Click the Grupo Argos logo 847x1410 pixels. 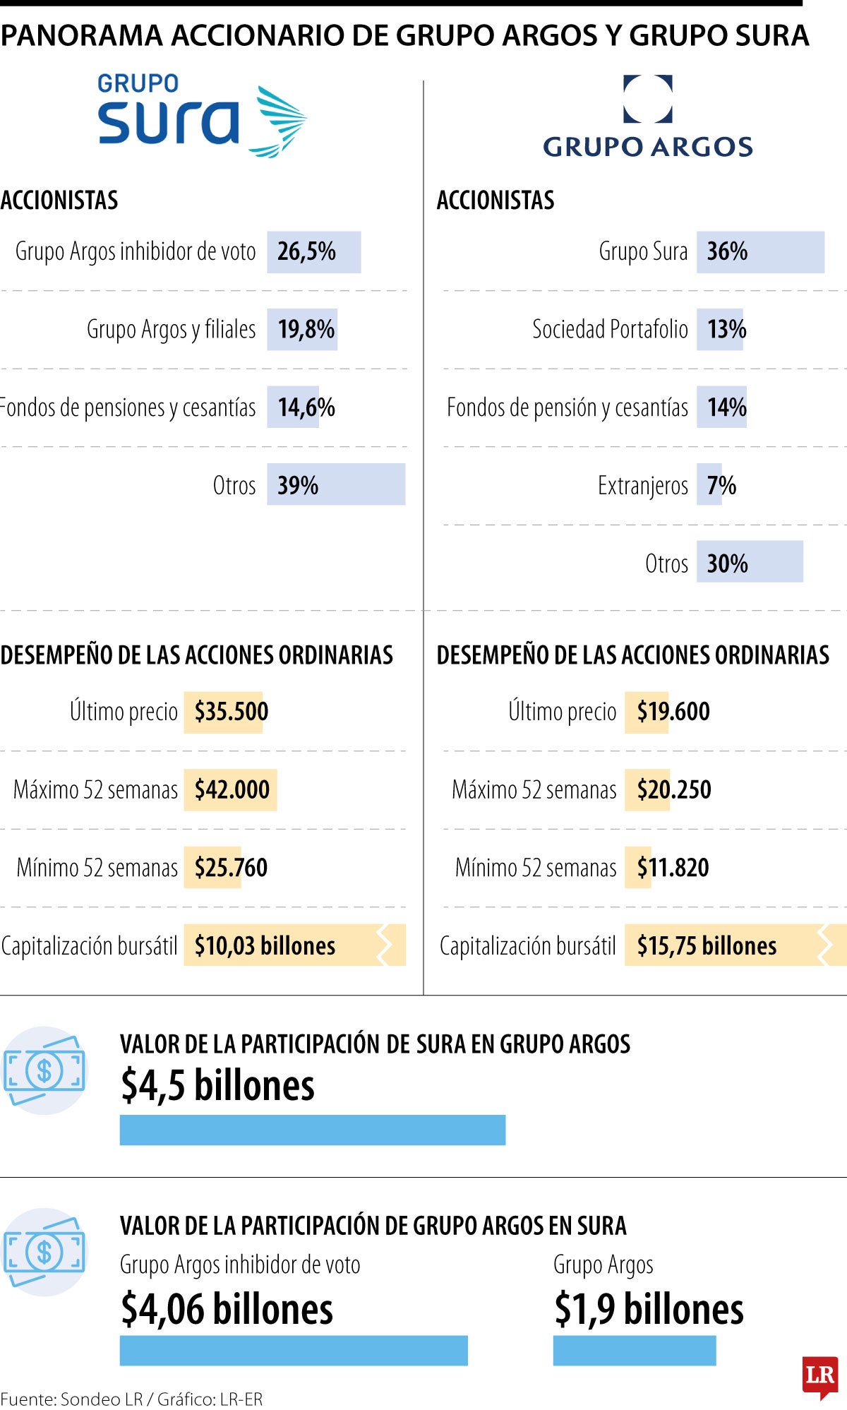pyautogui.click(x=647, y=116)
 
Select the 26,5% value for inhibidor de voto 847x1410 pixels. pyautogui.click(x=306, y=252)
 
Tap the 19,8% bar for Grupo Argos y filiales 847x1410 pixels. pyautogui.click(x=302, y=330)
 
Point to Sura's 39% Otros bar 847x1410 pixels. pyautogui.click(x=336, y=485)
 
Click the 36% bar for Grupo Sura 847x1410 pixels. pyautogui.click(x=759, y=252)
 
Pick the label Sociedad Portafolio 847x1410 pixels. pyautogui.click(x=610, y=330)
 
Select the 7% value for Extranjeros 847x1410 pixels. pyautogui.click(x=721, y=485)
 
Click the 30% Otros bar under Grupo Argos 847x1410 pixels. pyautogui.click(x=750, y=563)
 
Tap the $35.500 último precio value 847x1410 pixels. pyautogui.click(x=231, y=712)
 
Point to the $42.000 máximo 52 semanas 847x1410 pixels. pyautogui.click(x=232, y=789)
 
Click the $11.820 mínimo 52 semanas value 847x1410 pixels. pyautogui.click(x=673, y=868)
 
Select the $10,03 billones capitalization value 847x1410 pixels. pyautogui.click(x=265, y=945)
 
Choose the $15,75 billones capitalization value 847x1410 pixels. pyautogui.click(x=707, y=945)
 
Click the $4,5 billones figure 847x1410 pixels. pyautogui.click(x=217, y=1086)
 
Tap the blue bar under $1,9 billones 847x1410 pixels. pyautogui.click(x=634, y=1350)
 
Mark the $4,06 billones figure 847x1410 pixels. pyautogui.click(x=227, y=1309)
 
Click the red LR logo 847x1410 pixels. pyautogui.click(x=819, y=1375)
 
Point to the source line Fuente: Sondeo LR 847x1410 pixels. pyautogui.click(x=131, y=1399)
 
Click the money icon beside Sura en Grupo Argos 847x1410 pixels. pyautogui.click(x=44, y=1070)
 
